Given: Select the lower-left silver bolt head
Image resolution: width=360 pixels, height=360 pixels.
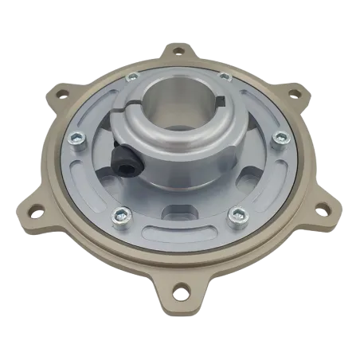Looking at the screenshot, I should (120, 213).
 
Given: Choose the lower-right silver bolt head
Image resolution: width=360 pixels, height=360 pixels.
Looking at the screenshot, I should (237, 215).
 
